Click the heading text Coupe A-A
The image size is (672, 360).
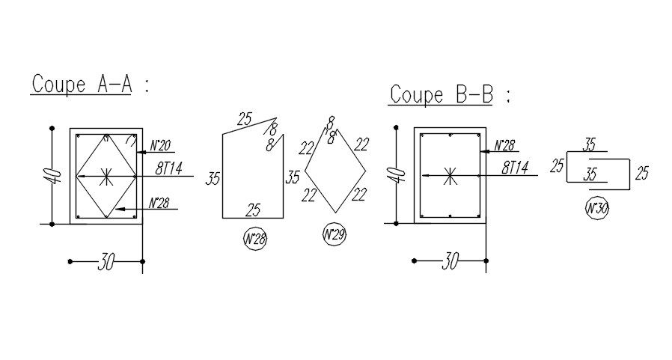pyautogui.click(x=82, y=85)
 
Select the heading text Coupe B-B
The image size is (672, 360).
pyautogui.click(x=442, y=95)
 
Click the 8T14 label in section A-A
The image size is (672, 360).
pyautogui.click(x=168, y=169)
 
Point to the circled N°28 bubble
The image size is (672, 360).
pyautogui.click(x=256, y=240)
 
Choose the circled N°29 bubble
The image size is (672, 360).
pyautogui.click(x=334, y=235)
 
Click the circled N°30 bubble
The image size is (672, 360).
pyautogui.click(x=597, y=209)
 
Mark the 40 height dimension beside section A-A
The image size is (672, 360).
pyautogui.click(x=52, y=177)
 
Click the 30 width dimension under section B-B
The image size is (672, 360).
pyautogui.click(x=449, y=262)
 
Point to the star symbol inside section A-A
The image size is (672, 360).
pyautogui.click(x=106, y=177)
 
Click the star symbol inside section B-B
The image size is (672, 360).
pyautogui.click(x=450, y=177)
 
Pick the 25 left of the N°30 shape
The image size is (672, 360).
pyautogui.click(x=557, y=166)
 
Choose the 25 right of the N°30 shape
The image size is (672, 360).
pyautogui.click(x=641, y=174)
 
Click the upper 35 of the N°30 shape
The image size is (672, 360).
pyautogui.click(x=590, y=144)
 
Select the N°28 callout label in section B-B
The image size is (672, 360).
pyautogui.click(x=505, y=145)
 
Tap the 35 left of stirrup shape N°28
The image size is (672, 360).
pyautogui.click(x=213, y=179)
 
